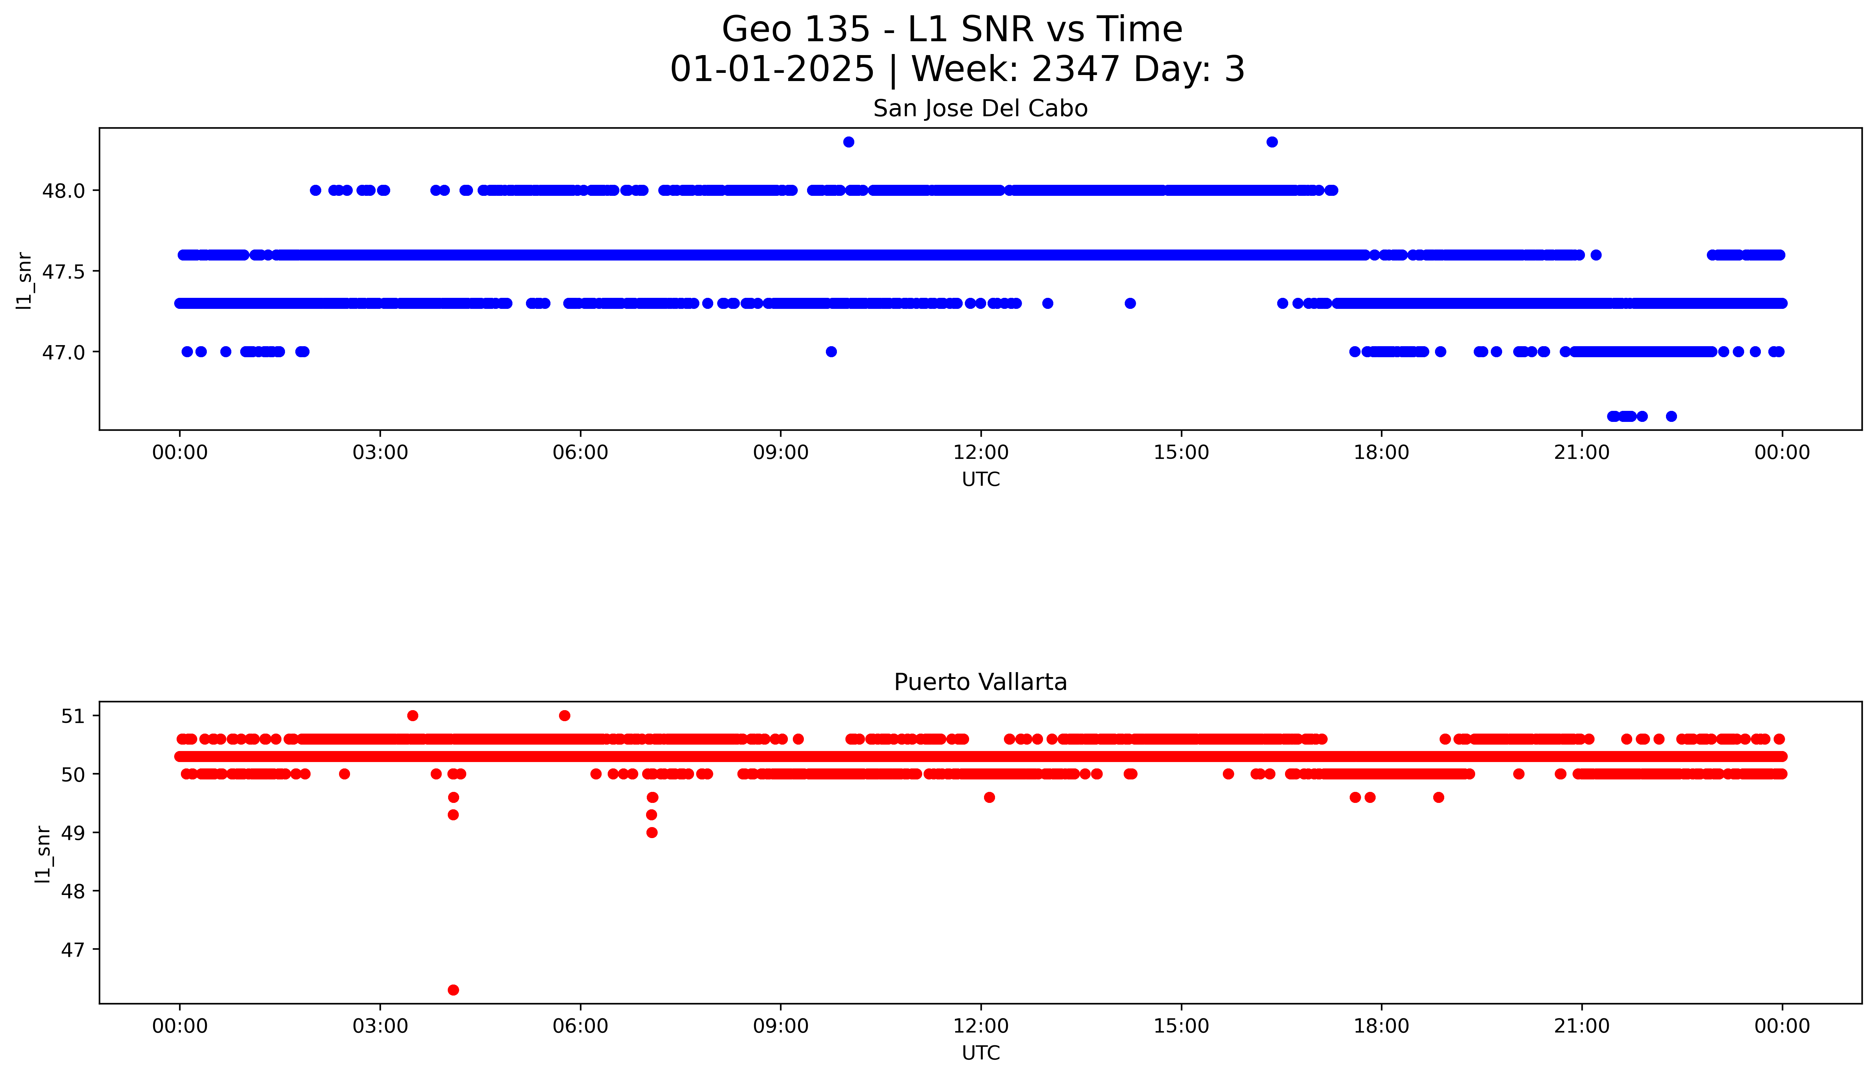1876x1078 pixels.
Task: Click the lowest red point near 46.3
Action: click(x=454, y=990)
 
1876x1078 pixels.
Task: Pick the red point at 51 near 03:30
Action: click(x=413, y=715)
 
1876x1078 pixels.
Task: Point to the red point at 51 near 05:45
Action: click(x=565, y=715)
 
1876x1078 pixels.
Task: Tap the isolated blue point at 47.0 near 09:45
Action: click(x=831, y=352)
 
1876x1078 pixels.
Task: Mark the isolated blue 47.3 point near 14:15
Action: click(x=1130, y=303)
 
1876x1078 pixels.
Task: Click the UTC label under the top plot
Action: click(x=980, y=480)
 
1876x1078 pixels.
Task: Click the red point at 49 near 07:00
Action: click(x=652, y=832)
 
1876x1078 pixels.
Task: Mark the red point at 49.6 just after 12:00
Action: click(x=989, y=798)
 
